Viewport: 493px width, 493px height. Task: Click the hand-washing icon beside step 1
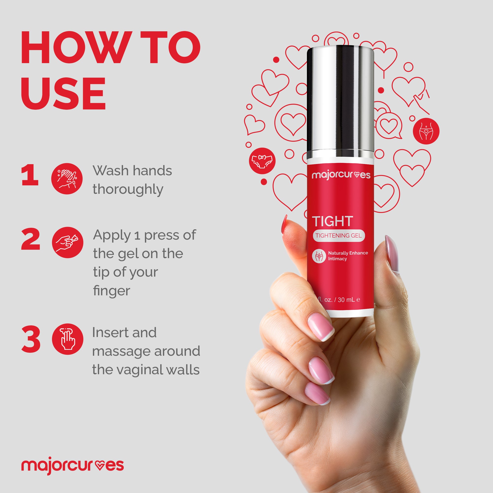tap(67, 179)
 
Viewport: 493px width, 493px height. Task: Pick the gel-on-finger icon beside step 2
tap(68, 242)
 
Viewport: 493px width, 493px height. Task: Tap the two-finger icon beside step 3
tap(68, 339)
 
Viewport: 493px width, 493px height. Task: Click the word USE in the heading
tap(63, 94)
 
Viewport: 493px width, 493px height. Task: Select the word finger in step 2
tap(111, 291)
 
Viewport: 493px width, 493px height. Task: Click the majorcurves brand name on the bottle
tap(341, 175)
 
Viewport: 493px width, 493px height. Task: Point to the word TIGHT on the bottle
tap(333, 222)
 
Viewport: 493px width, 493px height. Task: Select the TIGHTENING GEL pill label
tap(339, 235)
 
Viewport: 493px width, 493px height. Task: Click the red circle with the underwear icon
tap(262, 161)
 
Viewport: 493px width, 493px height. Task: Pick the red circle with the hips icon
tap(426, 131)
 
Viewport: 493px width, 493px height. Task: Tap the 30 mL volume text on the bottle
tap(346, 299)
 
